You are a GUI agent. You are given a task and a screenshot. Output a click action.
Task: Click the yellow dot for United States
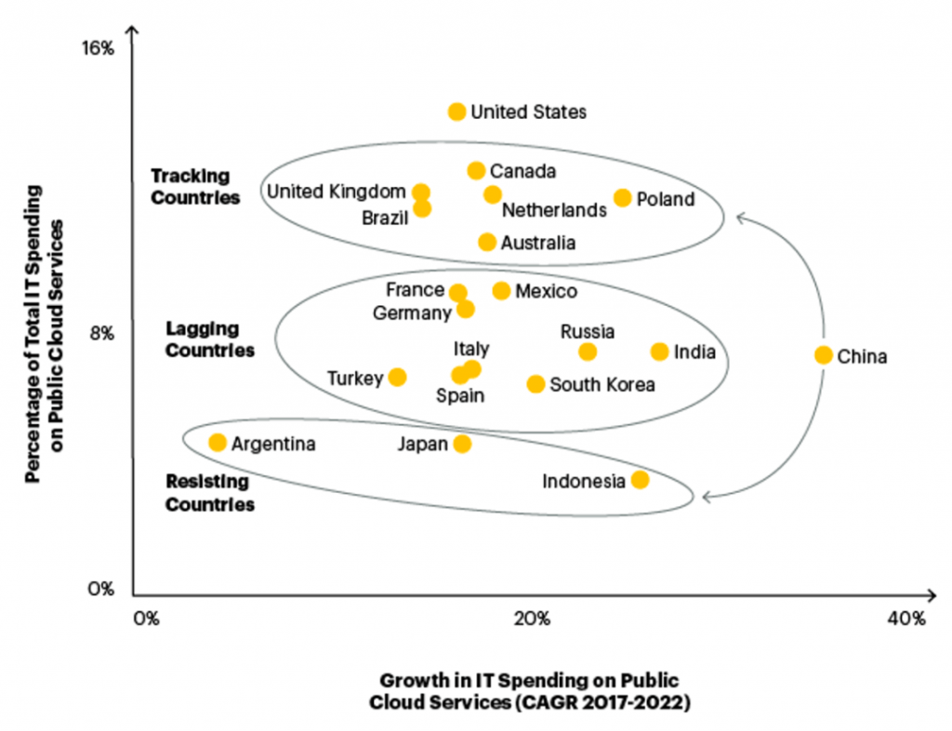456,112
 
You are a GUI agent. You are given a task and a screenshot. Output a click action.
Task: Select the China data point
823,355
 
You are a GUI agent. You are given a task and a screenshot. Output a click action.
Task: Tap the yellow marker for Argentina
218,443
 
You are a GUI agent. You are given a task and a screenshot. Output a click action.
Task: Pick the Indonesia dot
640,480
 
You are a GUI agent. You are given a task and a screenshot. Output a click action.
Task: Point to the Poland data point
623,198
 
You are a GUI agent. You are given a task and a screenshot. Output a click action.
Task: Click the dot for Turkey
397,377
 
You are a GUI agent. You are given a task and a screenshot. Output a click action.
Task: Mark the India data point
659,352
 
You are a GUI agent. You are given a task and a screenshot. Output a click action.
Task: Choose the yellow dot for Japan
462,444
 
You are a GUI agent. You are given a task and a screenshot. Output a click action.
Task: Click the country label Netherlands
553,211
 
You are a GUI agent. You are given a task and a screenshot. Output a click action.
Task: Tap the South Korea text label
602,384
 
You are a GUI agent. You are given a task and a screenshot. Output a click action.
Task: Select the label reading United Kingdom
336,192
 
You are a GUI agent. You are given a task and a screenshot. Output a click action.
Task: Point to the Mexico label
546,292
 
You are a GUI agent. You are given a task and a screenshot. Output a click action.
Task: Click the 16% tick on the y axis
99,48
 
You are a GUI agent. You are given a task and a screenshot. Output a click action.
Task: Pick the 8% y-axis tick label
100,333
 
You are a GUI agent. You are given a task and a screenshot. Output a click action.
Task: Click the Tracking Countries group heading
195,186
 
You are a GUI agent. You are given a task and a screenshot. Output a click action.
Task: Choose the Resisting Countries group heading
209,493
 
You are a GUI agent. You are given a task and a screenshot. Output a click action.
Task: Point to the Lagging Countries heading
209,339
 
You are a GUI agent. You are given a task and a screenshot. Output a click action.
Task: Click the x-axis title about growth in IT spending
529,691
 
